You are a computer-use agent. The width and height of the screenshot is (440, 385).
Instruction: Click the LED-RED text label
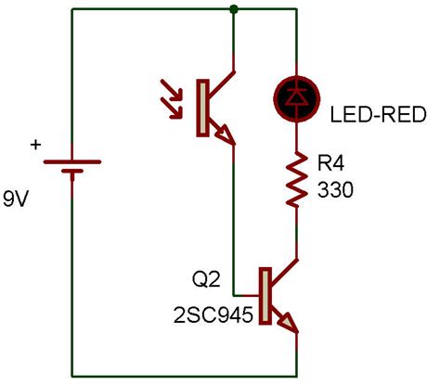379,116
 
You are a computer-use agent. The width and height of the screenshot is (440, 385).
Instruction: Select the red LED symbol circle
295,95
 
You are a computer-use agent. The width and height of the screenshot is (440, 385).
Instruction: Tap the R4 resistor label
330,164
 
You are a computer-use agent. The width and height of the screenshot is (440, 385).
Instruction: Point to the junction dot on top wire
233,9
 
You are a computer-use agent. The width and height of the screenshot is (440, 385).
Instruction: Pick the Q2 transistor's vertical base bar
265,296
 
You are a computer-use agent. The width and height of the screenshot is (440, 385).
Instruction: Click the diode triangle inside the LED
295,94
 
